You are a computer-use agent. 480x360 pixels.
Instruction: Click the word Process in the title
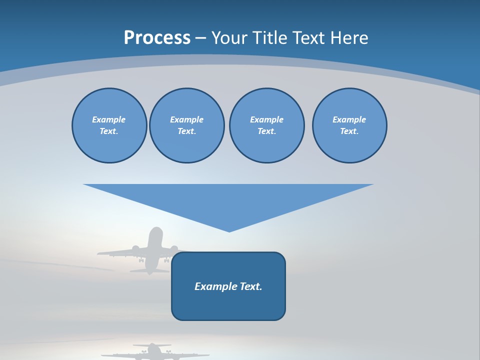157,38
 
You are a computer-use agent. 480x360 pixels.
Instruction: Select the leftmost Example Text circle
109,125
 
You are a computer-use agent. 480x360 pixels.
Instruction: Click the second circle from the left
186,125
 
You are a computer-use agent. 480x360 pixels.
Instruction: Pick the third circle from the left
266,125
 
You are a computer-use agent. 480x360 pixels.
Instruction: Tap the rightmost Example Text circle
349,125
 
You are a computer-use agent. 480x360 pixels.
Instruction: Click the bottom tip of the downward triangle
229,230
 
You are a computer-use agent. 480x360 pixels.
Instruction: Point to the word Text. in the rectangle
251,286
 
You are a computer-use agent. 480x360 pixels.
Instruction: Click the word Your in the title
228,38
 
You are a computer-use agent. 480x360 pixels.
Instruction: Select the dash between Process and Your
200,38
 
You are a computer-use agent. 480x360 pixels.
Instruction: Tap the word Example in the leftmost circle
109,119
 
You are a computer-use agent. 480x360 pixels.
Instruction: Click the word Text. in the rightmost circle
349,131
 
